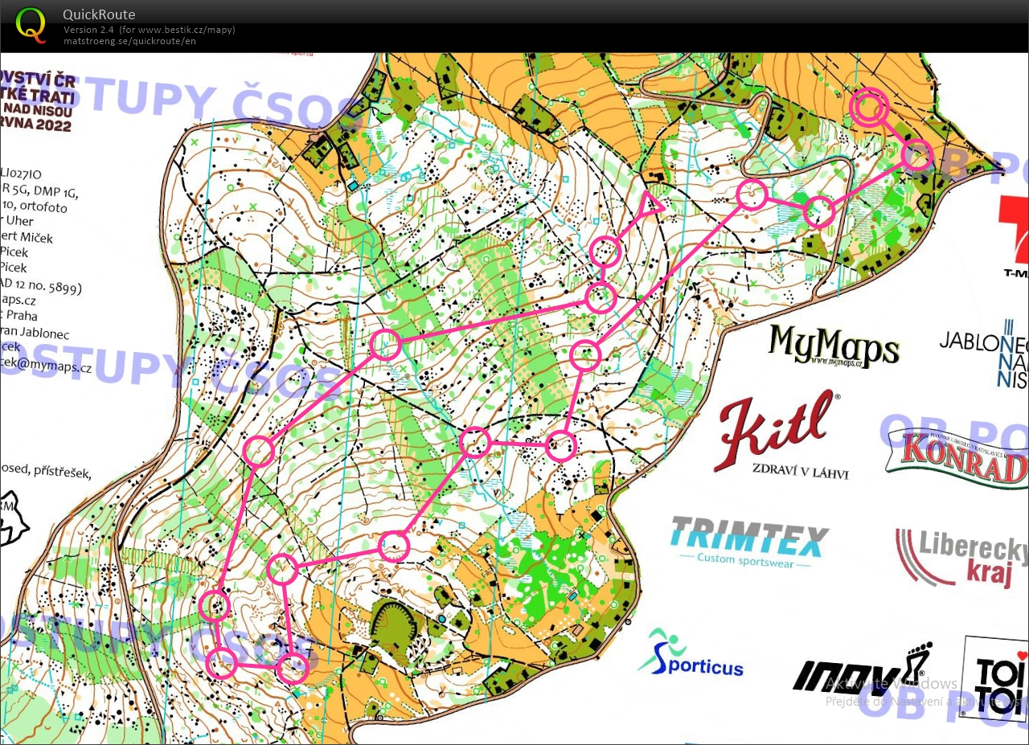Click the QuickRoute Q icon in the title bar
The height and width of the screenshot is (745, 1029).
tap(31, 23)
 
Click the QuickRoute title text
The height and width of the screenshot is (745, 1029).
tap(99, 14)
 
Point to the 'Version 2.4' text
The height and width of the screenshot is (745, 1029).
tap(90, 30)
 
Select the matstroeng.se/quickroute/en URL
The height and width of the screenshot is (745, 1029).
tap(129, 41)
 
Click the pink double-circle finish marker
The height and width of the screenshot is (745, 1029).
tap(869, 107)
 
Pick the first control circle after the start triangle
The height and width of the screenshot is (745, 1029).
tap(605, 252)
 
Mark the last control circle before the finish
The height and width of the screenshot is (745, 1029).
tap(916, 155)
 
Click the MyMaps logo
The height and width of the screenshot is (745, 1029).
tap(833, 346)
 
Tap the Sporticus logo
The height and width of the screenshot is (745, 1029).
tap(691, 656)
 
